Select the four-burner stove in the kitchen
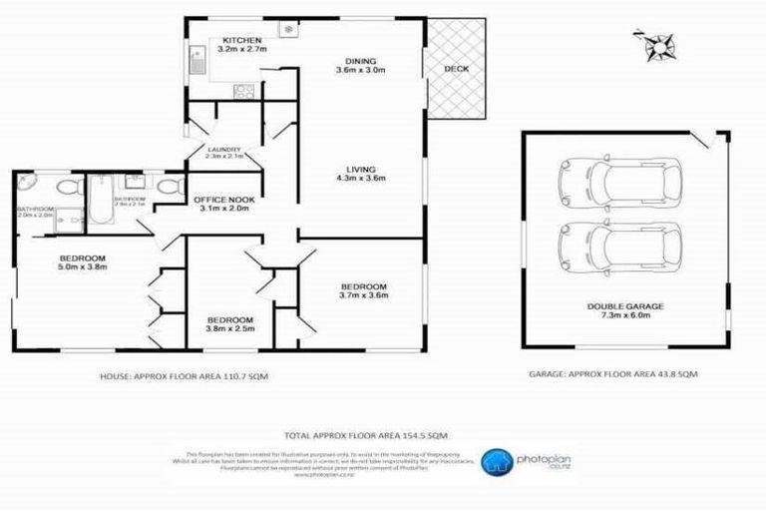tap(243, 91)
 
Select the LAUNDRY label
tap(224, 150)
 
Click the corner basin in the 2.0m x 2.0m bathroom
tap(26, 187)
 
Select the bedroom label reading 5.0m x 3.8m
tap(82, 262)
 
